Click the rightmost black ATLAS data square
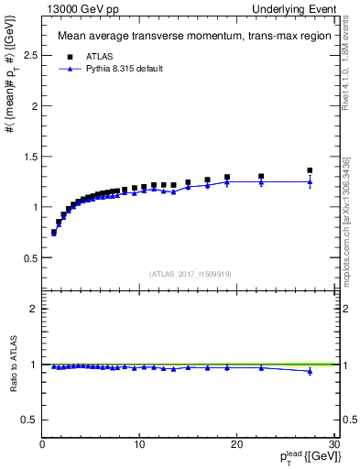(x=310, y=170)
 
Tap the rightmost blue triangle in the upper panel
(x=310, y=182)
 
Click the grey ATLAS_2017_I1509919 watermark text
(x=189, y=273)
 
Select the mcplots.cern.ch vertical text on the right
(x=347, y=229)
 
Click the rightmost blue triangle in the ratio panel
(x=310, y=371)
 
